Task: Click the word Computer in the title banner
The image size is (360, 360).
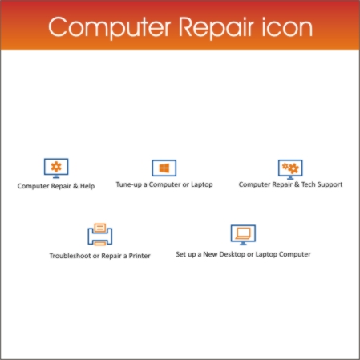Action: (110, 27)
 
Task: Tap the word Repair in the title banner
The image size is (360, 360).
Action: (216, 28)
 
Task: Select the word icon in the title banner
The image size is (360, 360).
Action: (287, 27)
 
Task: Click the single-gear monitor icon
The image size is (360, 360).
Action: (56, 168)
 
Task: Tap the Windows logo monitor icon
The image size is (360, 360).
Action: (164, 168)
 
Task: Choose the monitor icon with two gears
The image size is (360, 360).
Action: (290, 169)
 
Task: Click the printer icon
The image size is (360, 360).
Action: (100, 234)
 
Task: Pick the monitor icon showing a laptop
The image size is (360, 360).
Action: (243, 235)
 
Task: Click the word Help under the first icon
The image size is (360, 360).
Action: (87, 186)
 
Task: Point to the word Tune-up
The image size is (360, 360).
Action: (129, 184)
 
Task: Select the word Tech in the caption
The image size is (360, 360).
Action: (308, 184)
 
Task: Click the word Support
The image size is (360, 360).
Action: (330, 184)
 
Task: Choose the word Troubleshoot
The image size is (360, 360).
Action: (70, 256)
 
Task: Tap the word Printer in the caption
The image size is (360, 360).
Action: (140, 256)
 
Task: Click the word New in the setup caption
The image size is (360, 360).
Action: (210, 254)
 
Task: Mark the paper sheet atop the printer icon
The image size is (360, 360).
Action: (100, 228)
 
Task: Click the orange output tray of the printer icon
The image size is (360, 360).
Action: (100, 243)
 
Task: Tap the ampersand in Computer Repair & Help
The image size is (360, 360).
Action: (75, 186)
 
